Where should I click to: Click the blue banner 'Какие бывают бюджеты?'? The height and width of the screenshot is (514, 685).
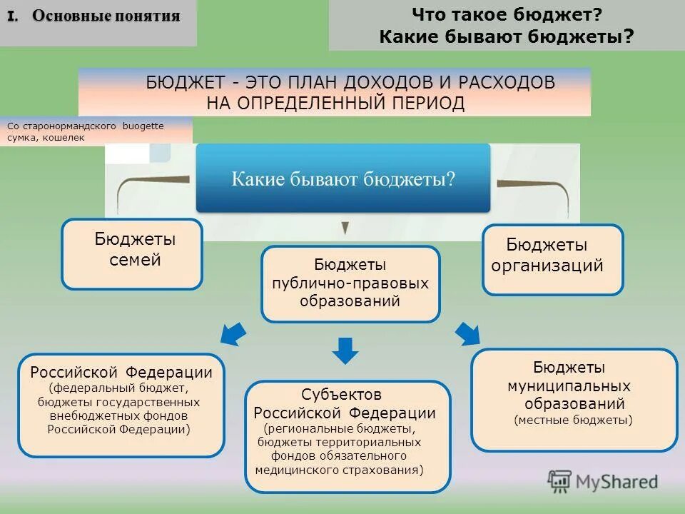[343, 178]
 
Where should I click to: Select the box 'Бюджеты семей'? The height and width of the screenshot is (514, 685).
[132, 253]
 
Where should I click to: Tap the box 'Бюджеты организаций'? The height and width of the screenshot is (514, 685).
[553, 259]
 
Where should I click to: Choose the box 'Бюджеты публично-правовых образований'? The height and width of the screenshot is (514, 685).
[350, 283]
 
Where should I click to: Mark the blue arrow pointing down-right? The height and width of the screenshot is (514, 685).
[467, 333]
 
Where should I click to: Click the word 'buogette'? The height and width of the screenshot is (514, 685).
[143, 126]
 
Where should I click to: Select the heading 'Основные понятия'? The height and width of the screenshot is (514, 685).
[106, 16]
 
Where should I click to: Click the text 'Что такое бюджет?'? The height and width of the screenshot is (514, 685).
[507, 14]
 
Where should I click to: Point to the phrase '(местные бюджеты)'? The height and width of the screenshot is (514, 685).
[573, 420]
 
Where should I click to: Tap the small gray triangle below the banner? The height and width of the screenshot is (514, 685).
[345, 228]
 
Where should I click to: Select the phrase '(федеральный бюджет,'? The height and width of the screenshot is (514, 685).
[118, 388]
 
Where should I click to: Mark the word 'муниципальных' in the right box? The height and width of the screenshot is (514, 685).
[569, 386]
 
